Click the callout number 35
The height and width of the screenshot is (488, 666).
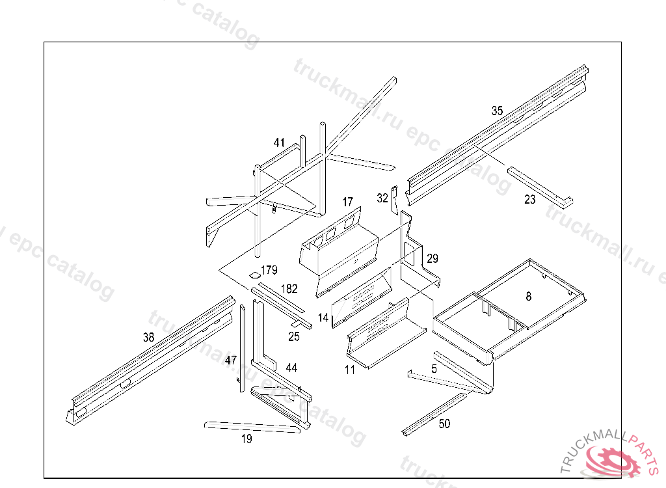pos(497,111)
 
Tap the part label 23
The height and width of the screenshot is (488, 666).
pos(530,200)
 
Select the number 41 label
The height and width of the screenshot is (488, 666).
pos(279,142)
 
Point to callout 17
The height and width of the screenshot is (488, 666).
pos(348,202)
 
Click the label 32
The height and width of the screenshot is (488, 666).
pos(382,198)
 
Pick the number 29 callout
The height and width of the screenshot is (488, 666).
pos(433,259)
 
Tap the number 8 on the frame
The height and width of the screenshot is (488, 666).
pos(528,296)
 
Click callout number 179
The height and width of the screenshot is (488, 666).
pos(269,270)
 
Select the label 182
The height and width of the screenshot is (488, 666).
pos(289,288)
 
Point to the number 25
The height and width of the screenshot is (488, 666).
pos(294,336)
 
